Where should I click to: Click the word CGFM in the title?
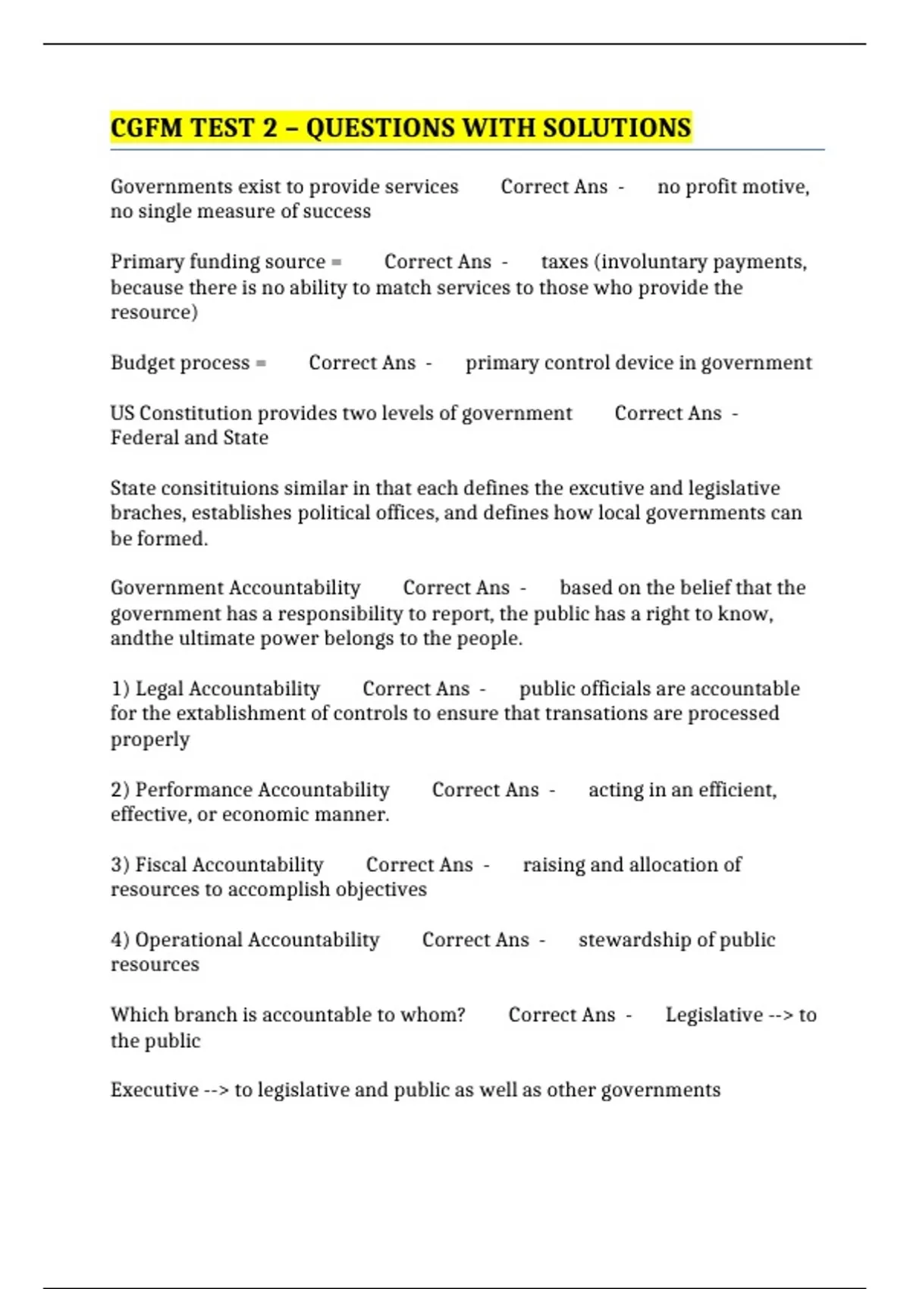[x=147, y=127]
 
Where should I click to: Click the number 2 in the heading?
[x=270, y=127]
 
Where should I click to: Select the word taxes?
[x=564, y=262]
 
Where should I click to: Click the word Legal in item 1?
[x=159, y=688]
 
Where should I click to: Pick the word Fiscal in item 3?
[x=161, y=865]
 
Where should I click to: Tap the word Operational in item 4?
[x=189, y=940]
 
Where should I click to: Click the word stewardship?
[x=635, y=940]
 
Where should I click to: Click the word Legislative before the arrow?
[x=714, y=1015]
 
